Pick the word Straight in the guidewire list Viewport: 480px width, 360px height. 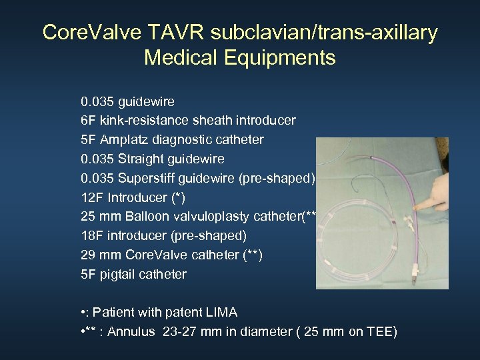pos(141,159)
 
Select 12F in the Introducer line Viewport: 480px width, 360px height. pos(93,197)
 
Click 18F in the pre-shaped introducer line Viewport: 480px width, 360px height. pos(93,235)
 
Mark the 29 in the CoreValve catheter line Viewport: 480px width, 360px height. pos(88,255)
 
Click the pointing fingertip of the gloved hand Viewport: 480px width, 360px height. pos(417,207)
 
